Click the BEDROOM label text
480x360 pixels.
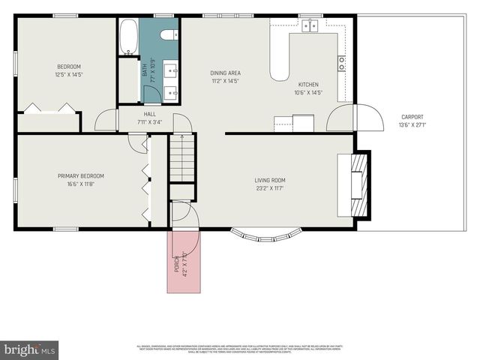point(67,66)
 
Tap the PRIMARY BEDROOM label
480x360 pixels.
point(81,176)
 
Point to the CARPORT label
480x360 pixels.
point(412,117)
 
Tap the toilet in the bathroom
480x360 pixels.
point(169,33)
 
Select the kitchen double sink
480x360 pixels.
point(310,26)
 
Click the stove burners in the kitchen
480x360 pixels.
point(341,63)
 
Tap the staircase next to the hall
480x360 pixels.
point(182,158)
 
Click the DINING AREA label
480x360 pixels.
point(224,73)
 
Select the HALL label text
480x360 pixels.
point(149,114)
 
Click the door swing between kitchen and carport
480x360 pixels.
point(367,118)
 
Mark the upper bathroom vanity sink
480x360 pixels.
point(172,72)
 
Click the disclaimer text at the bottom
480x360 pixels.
point(240,349)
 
